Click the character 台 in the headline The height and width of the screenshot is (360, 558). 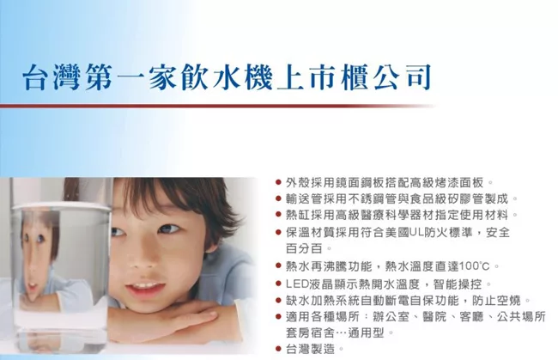(x=35, y=76)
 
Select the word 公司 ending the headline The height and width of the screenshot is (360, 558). (x=404, y=76)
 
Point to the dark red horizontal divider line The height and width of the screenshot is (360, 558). (x=218, y=106)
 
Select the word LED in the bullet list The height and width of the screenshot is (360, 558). (x=294, y=284)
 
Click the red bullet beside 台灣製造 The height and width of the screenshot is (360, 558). (x=279, y=349)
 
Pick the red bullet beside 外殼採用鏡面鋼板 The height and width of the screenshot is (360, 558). (x=279, y=183)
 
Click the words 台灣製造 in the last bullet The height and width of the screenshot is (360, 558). (x=311, y=349)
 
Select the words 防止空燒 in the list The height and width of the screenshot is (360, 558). (x=496, y=301)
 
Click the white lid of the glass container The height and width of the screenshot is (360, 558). (x=60, y=206)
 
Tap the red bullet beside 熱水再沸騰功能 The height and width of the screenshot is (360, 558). (x=279, y=266)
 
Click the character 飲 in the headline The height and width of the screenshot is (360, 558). (x=194, y=76)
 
